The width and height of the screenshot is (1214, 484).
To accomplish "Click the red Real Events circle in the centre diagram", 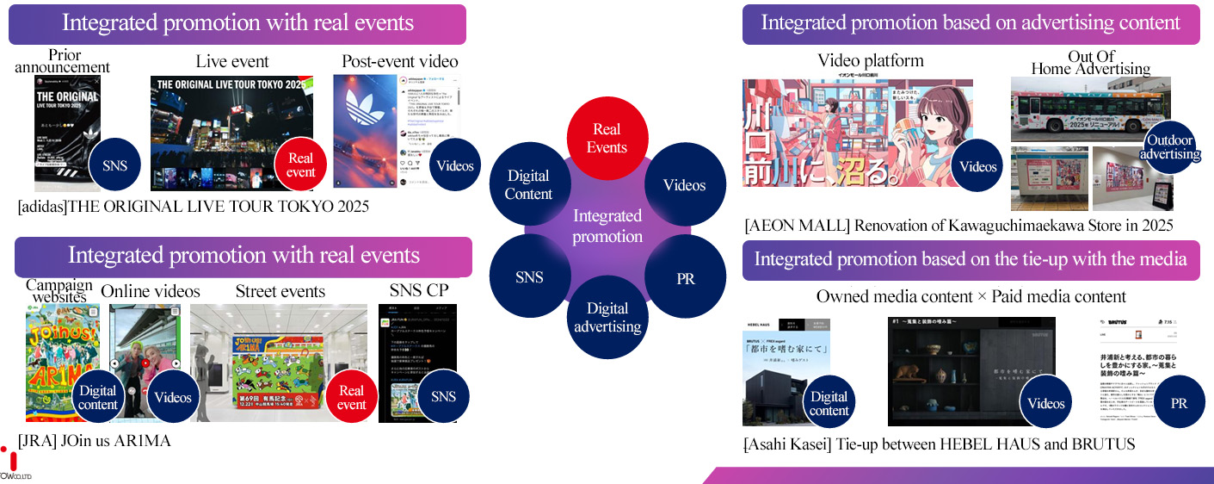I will coord(607,139).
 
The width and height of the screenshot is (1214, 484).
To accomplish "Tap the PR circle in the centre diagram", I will coord(686,278).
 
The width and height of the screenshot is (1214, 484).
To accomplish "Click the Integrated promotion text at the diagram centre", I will coord(607,226).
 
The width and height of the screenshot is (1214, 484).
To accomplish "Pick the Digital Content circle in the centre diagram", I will coord(528,184).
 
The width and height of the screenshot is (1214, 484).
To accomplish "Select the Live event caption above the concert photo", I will coord(232,61).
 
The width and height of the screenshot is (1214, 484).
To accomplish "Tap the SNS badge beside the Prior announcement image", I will coord(115,164).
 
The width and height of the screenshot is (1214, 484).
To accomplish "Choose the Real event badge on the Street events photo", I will coord(351,397).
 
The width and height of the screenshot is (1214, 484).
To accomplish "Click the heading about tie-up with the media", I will coord(971,259).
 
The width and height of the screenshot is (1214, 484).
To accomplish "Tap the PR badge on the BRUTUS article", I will coord(1179,403).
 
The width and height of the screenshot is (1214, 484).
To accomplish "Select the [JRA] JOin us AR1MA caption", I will coord(95,441).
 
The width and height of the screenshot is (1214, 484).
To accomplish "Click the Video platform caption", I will coord(871,60).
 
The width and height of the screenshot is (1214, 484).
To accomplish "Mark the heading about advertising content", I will coord(971,23).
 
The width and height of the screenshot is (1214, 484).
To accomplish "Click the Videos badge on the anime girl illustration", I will coord(977,166).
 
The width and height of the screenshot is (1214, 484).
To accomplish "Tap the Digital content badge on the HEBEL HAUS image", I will coord(829,403).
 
